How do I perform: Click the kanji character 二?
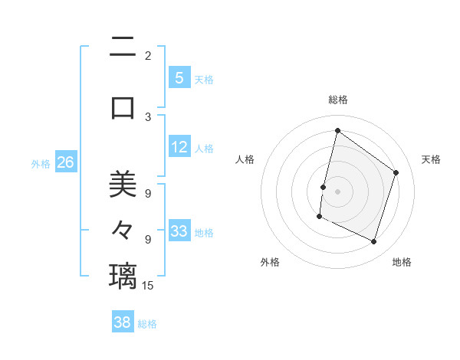(123, 48)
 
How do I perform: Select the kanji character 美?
(123, 185)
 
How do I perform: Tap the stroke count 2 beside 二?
(148, 56)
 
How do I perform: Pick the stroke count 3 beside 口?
(148, 117)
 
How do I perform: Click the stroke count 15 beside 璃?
(148, 286)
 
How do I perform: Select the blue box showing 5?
(179, 78)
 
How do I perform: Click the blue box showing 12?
(179, 147)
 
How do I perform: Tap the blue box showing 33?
(179, 231)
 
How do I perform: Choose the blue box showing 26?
(66, 162)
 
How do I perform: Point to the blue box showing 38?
(123, 322)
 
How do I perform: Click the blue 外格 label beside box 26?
(41, 164)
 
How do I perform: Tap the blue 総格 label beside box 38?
(147, 324)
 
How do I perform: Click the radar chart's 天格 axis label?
(431, 159)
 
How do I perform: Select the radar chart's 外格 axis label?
(270, 262)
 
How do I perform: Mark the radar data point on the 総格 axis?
(337, 131)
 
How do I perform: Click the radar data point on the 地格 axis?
(373, 241)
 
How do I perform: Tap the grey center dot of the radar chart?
(337, 191)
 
